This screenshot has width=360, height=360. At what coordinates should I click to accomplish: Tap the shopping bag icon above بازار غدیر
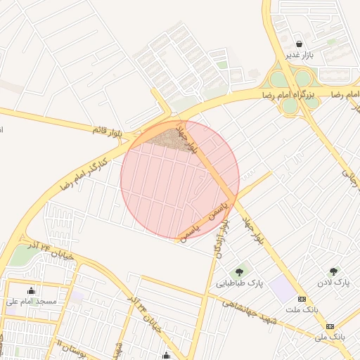(x=299, y=43)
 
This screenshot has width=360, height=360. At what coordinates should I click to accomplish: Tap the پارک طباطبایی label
(x=239, y=283)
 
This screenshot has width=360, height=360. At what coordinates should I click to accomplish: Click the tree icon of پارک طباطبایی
(x=240, y=271)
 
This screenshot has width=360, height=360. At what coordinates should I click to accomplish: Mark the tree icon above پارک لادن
(x=333, y=271)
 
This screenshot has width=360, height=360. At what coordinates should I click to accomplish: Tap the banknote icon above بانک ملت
(x=302, y=298)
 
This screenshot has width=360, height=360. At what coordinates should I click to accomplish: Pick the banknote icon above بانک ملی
(x=330, y=326)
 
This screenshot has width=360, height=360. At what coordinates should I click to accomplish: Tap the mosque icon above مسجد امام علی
(x=30, y=290)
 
